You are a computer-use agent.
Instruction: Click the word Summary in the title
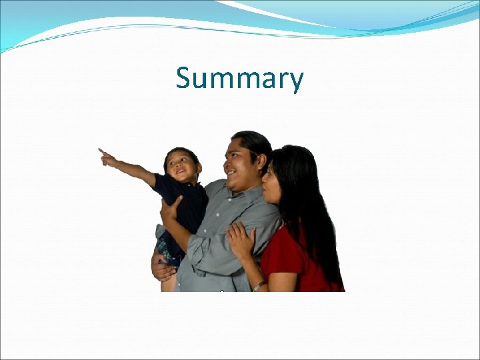coord(239,79)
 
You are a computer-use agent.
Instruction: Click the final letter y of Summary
coord(296,82)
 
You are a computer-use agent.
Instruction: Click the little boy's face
coord(180,167)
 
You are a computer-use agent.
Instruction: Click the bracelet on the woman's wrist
coord(259,285)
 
